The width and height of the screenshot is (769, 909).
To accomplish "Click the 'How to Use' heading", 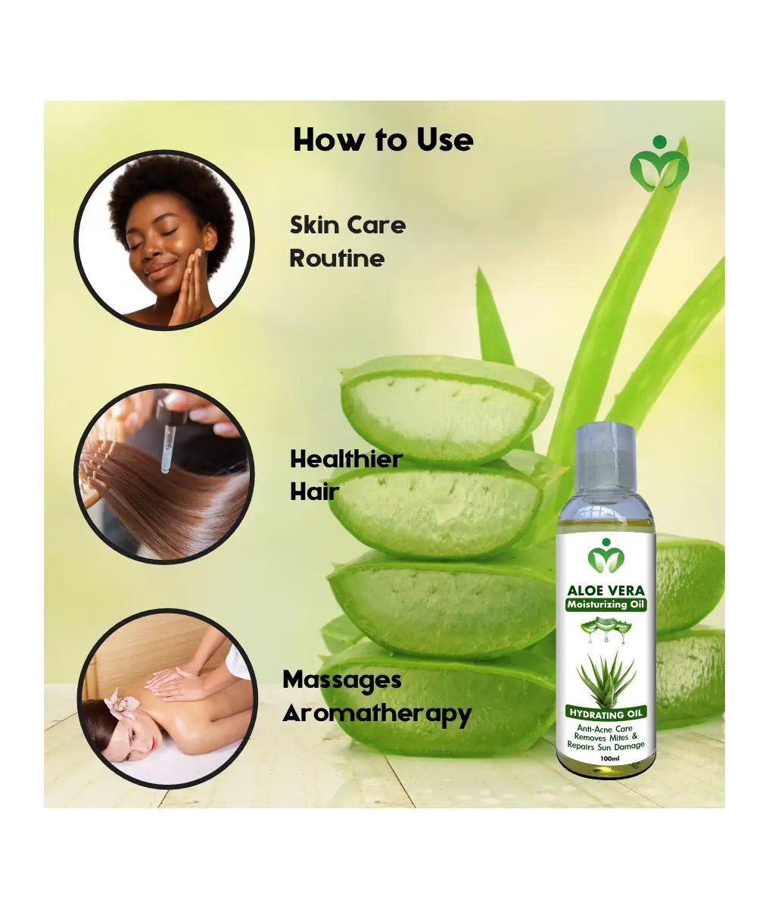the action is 383,140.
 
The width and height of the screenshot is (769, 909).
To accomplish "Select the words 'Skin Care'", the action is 347,225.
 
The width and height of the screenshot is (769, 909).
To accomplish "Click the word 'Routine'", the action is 337,258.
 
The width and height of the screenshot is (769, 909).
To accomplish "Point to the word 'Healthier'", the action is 346,459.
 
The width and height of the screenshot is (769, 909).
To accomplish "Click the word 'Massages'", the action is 342,681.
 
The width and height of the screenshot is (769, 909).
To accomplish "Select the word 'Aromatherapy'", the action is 377,714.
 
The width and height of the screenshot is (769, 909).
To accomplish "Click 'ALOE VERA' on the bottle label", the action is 606,590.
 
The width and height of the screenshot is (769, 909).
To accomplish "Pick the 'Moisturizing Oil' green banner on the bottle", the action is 606,604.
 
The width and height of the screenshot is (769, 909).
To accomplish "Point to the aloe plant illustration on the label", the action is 606,678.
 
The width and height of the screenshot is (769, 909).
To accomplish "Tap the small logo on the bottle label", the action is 606,555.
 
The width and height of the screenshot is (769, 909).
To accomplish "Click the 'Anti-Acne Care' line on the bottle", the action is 605,729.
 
